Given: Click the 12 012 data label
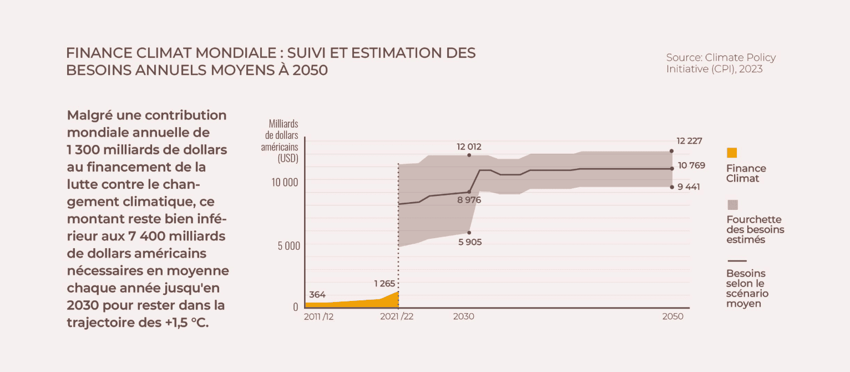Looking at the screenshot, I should point(469,147).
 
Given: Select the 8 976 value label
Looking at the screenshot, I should point(469,200).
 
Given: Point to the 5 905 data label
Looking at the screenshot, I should point(469,242).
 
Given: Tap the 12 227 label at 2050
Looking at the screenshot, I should point(689,141).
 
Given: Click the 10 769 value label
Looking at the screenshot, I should point(691,165).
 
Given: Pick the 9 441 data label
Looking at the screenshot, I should point(689,187).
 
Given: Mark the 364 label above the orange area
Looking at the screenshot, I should point(317,295).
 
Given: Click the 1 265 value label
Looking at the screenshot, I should point(384,284).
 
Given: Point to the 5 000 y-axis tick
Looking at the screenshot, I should point(289,245).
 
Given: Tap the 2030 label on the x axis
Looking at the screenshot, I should point(463,316).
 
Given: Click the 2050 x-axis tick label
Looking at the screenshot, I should point(672,316).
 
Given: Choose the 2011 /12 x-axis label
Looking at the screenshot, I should point(318,316).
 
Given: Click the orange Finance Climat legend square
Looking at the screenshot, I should point(732,153).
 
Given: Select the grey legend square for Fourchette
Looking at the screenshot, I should point(732,205).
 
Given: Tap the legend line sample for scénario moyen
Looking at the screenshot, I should point(736,260).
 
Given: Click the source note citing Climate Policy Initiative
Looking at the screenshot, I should point(721,63).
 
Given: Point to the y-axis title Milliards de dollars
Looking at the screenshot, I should point(282,141).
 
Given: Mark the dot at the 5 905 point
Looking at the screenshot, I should point(469,233).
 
